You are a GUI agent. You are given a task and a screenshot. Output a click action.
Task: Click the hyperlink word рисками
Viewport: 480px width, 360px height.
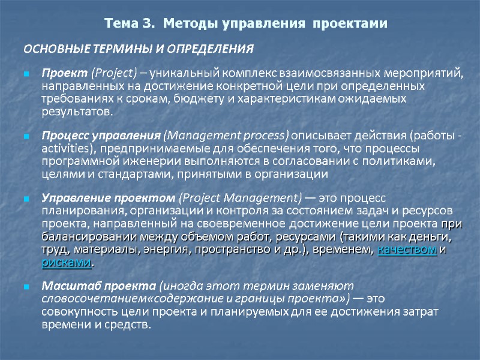click(x=66, y=263)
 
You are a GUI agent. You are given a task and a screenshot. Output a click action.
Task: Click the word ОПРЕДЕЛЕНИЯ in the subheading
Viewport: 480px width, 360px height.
click(x=207, y=48)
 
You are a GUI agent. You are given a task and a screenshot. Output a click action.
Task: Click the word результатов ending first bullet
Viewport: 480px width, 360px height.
click(x=75, y=112)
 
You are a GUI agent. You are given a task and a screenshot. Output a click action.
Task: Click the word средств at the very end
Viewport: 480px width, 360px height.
click(x=129, y=325)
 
